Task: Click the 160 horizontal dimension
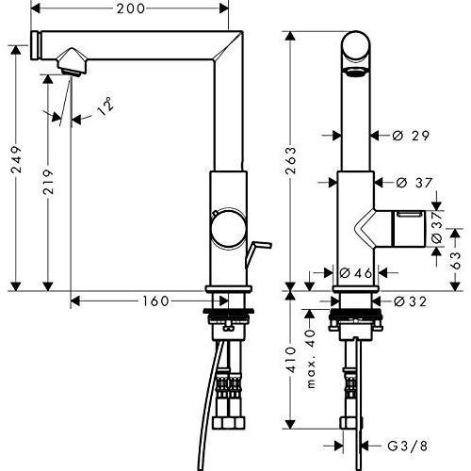156,301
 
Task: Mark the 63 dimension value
456,255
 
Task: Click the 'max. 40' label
312,358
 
